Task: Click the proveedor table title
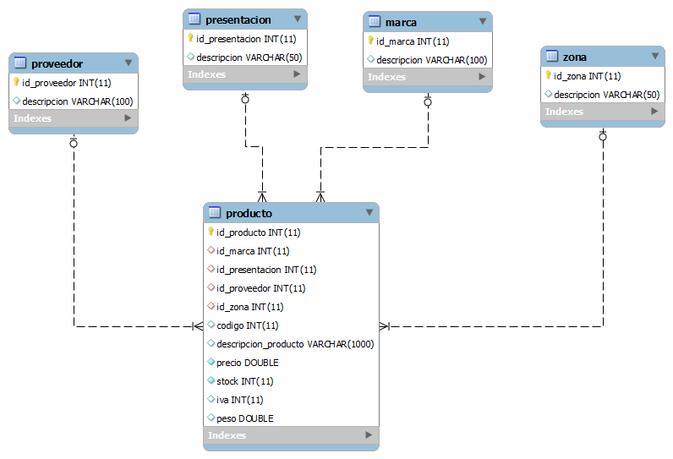57,64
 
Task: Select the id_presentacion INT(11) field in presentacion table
246,39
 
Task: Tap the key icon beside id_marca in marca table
370,41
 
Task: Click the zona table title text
575,57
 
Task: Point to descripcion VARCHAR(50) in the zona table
606,95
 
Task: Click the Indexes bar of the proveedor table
74,118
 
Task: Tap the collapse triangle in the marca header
483,21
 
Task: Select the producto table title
249,213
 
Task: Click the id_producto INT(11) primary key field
259,232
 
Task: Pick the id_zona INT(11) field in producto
249,307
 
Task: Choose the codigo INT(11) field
247,325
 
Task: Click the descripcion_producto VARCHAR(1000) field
295,344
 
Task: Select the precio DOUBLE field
248,363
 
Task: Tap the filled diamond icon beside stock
211,380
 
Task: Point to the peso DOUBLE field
245,418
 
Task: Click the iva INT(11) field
240,400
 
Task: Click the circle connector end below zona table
603,137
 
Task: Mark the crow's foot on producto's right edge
385,326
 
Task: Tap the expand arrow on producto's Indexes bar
369,435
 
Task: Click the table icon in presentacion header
194,19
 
